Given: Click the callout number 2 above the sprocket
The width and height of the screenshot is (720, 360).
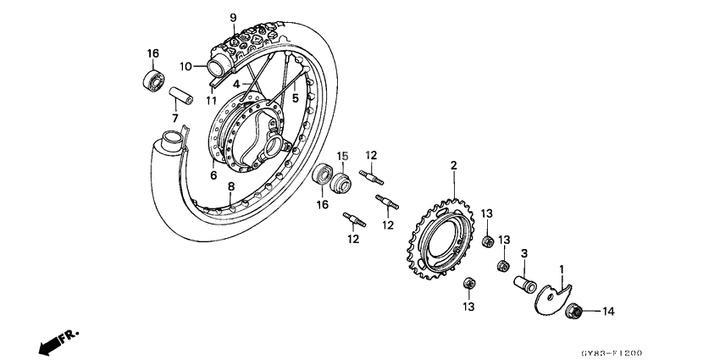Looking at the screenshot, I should click(453, 166).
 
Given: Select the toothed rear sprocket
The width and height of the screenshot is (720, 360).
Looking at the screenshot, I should click(445, 238).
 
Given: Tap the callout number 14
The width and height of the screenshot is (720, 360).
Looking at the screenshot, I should click(606, 312).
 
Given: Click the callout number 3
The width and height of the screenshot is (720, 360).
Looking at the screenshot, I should click(524, 253).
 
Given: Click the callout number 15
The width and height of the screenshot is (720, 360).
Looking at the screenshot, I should click(344, 156).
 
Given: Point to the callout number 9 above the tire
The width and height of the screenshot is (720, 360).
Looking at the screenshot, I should click(234, 17).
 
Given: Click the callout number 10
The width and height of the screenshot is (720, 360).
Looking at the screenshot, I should click(186, 65).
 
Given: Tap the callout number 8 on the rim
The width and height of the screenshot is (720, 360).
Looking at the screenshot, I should click(230, 186).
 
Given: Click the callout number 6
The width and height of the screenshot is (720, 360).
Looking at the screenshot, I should click(213, 175).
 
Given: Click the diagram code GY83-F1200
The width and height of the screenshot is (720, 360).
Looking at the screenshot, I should click(671, 352).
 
